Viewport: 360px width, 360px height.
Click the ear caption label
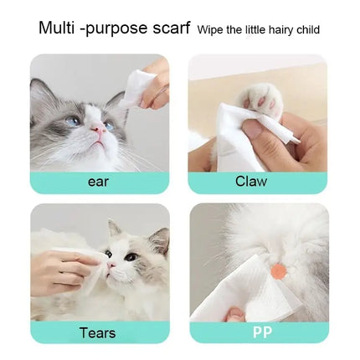coord(99,181)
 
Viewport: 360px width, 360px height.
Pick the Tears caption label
coord(97,332)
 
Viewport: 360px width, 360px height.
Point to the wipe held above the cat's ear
coord(138,85)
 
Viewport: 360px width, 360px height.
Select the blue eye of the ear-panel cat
coord(75,121)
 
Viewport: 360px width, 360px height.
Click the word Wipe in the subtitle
coord(210,30)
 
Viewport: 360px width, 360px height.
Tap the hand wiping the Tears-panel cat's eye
coord(63,268)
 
